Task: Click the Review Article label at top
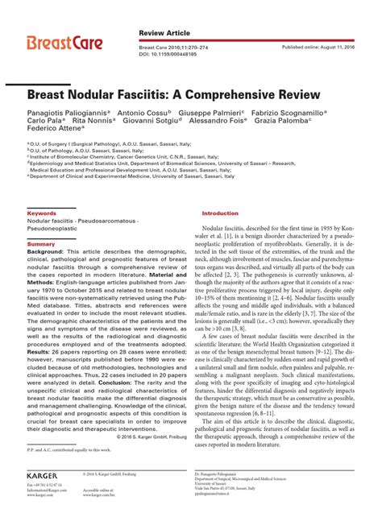(x=164, y=32)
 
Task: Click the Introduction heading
(x=220, y=213)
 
